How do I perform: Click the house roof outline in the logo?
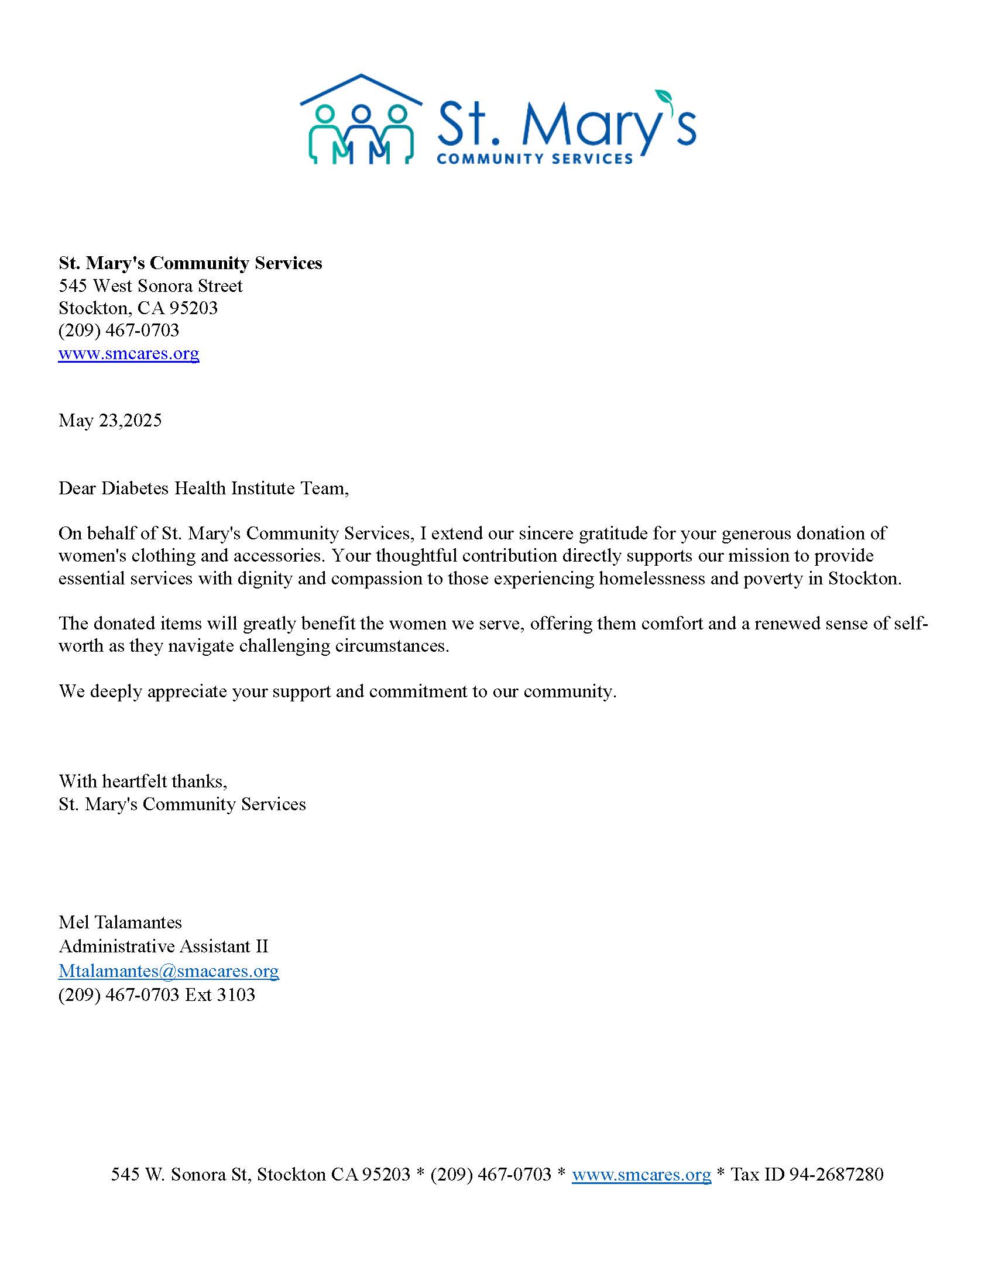click(361, 88)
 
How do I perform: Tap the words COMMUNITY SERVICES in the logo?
click(534, 159)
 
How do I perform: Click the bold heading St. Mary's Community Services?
click(190, 263)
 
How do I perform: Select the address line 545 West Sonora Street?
click(150, 286)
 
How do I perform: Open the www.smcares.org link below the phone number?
click(129, 353)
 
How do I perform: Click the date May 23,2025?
click(109, 420)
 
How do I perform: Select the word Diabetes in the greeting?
click(135, 488)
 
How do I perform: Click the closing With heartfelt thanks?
click(143, 781)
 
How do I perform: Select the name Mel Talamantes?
click(120, 921)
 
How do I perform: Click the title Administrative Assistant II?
click(163, 946)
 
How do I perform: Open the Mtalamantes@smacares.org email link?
click(169, 970)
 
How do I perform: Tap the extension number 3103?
click(236, 994)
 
